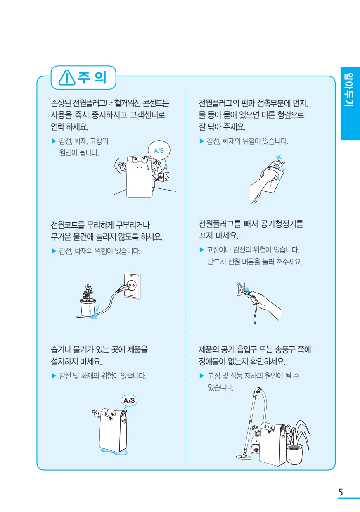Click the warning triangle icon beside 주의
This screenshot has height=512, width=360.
[67, 77]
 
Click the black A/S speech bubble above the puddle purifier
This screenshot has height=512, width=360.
[129, 401]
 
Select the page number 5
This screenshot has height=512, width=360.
[340, 492]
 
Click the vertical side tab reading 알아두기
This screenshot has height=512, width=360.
[350, 103]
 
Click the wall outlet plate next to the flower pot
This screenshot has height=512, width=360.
[132, 286]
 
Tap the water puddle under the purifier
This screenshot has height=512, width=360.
[114, 451]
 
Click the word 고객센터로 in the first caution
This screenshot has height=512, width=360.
[147, 115]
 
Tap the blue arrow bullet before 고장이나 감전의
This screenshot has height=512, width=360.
[201, 250]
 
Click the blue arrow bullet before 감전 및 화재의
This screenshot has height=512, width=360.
[54, 376]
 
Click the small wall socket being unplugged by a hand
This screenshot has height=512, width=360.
[241, 289]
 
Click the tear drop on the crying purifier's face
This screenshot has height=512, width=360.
[148, 168]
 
